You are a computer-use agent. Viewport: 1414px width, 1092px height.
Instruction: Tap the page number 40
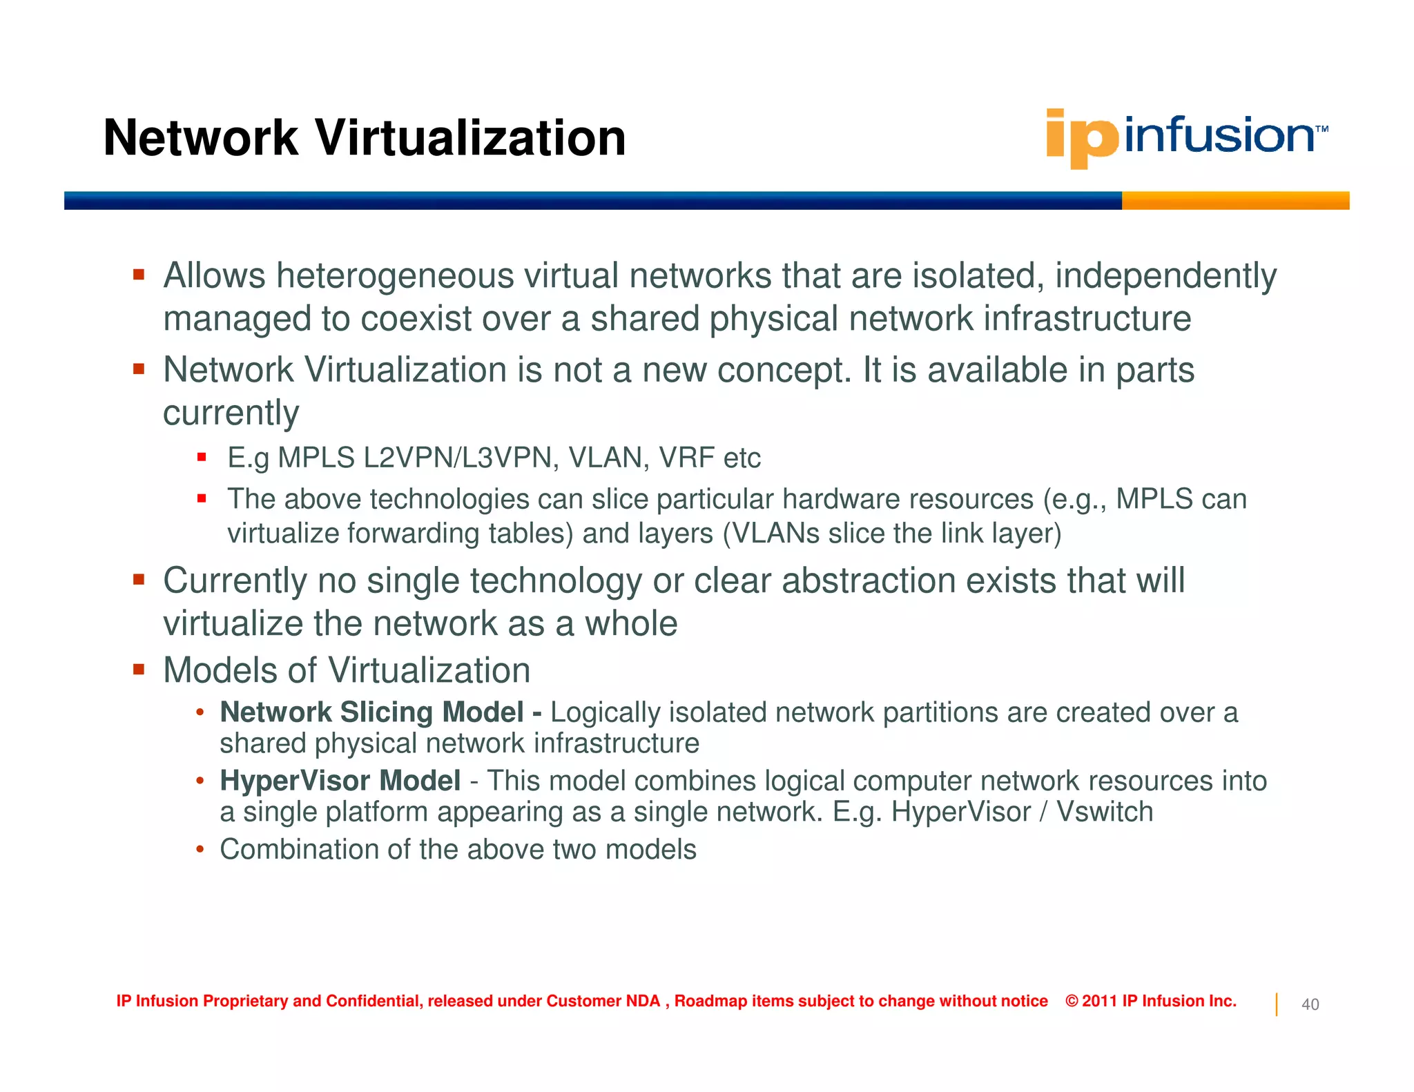click(x=1310, y=1004)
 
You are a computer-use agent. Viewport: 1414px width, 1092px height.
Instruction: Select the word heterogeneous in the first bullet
click(x=395, y=276)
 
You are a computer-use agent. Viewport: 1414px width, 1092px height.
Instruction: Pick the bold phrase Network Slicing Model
click(x=371, y=712)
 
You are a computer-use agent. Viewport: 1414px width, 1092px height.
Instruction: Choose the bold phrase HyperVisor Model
click(x=340, y=781)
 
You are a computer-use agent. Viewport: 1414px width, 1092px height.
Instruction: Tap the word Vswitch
click(x=1105, y=812)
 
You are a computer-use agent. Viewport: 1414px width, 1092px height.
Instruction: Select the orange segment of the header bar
click(x=1234, y=201)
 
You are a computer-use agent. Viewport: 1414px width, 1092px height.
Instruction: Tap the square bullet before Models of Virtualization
click(x=139, y=670)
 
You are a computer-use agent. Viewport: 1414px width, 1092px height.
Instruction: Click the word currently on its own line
click(x=231, y=413)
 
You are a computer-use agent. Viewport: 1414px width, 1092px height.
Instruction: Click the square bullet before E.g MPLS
click(x=202, y=457)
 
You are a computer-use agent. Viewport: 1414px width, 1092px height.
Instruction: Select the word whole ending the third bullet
click(x=631, y=624)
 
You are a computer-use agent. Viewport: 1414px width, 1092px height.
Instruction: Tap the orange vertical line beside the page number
click(x=1276, y=1004)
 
